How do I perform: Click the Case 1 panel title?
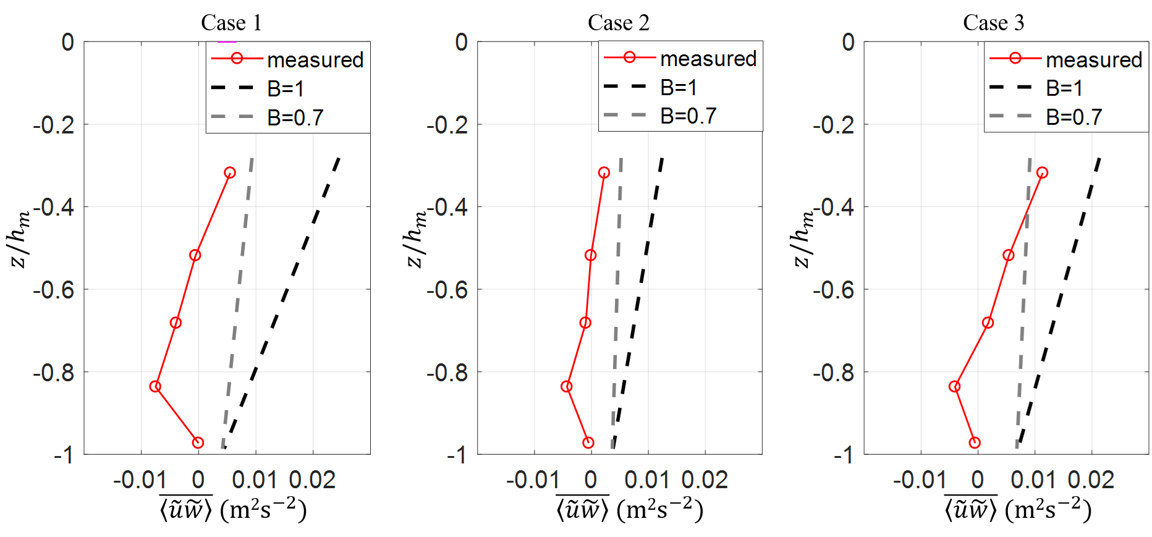click(231, 23)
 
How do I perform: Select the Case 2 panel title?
click(618, 23)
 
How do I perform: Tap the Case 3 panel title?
click(993, 23)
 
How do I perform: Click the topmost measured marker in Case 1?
click(230, 172)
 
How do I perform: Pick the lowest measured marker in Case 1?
click(198, 442)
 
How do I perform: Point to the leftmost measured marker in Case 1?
click(155, 386)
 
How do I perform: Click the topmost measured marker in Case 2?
click(604, 172)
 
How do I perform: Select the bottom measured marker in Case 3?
click(975, 442)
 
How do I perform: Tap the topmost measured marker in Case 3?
click(1042, 172)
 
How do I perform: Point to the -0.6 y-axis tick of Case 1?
click(54, 290)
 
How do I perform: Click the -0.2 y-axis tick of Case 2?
click(447, 125)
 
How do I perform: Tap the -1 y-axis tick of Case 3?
click(843, 455)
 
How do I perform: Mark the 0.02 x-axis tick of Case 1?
click(312, 480)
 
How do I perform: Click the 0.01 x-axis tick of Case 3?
click(1033, 480)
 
